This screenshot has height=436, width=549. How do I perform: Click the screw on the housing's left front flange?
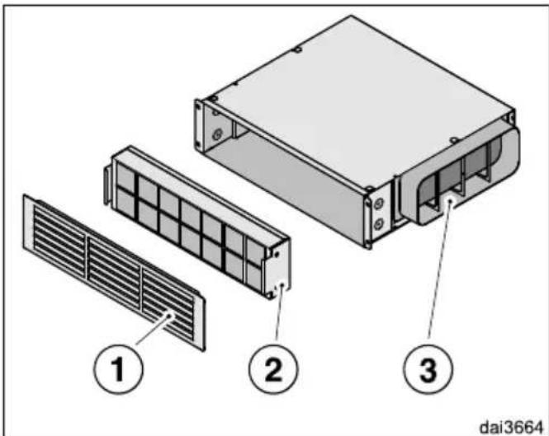click(x=217, y=134)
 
